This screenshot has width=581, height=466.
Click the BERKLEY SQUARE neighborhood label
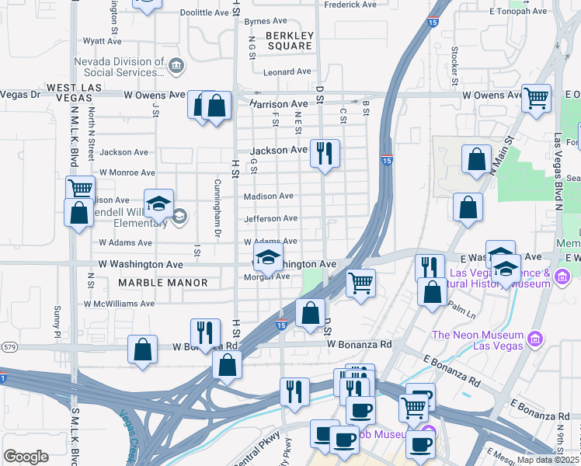[x=289, y=40]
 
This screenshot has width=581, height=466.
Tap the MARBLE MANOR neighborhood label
[x=163, y=283]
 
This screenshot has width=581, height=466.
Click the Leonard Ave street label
[x=287, y=72]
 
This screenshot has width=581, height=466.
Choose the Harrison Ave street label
[x=279, y=104]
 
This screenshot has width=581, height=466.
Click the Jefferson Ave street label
[x=271, y=219]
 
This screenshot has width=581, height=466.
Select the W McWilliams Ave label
[x=119, y=304]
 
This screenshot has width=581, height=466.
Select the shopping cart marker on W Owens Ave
[x=536, y=98]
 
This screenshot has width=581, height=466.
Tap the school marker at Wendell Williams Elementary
[x=158, y=204]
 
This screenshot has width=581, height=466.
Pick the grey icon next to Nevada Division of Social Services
[x=176, y=65]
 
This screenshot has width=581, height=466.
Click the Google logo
[x=26, y=457]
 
